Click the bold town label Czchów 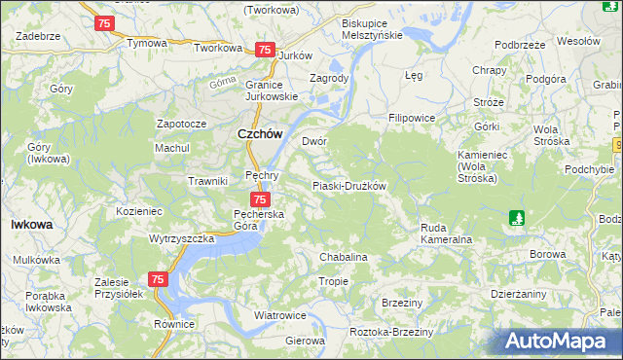coord(260,136)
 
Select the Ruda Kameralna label coord(446,234)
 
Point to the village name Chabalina coord(344,257)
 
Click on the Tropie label coord(333,281)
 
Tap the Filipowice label coord(411,118)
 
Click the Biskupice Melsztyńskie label coord(373,28)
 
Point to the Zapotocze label coord(182,125)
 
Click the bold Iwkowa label coord(31,224)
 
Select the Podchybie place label coord(590,169)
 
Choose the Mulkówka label coord(38,261)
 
